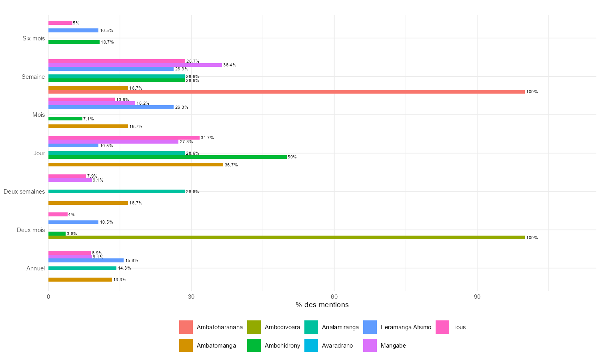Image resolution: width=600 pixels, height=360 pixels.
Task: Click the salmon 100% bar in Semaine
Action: click(x=286, y=92)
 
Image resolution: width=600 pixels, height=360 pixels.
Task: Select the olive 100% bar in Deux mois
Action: click(x=286, y=238)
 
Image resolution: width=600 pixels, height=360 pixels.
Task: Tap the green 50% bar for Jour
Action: click(x=168, y=157)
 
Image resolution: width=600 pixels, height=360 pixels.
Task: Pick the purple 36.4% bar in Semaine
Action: click(x=135, y=65)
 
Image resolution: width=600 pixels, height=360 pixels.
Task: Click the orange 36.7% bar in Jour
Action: click(x=136, y=165)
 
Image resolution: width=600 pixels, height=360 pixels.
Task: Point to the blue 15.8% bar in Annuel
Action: click(x=86, y=260)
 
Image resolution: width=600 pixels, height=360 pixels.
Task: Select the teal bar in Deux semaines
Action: click(x=116, y=192)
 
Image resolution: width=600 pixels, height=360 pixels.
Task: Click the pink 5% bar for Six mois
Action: click(x=60, y=23)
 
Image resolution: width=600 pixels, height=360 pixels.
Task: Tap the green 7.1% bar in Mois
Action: click(x=65, y=119)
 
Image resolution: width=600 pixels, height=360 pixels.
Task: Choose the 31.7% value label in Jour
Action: click(x=207, y=138)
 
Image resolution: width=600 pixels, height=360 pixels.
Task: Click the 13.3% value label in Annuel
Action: click(x=120, y=280)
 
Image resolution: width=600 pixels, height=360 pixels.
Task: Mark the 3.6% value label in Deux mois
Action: click(x=72, y=234)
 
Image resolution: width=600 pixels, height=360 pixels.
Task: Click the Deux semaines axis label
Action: click(x=24, y=192)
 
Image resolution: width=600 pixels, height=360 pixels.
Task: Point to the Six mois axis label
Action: click(x=34, y=38)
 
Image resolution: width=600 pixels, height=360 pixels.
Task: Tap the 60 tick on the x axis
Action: click(x=334, y=297)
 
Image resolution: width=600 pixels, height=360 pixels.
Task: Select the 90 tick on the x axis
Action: click(x=477, y=297)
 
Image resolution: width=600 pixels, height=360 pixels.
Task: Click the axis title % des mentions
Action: click(x=322, y=305)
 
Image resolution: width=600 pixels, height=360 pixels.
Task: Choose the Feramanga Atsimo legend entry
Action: click(x=406, y=327)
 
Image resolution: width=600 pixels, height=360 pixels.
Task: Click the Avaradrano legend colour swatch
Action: click(x=311, y=346)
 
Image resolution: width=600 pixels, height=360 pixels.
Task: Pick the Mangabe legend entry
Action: click(x=393, y=346)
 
